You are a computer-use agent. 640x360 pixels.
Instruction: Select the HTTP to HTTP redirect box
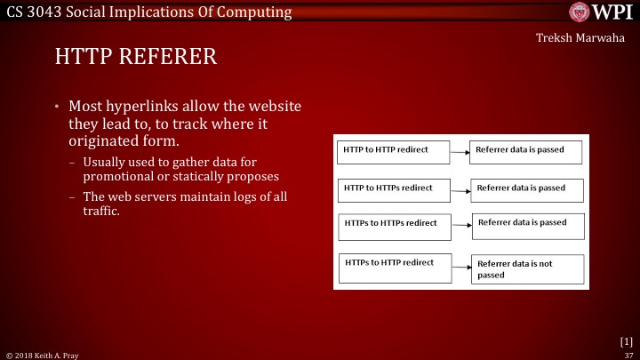point(392,151)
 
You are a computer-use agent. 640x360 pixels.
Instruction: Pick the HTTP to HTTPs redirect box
point(392,189)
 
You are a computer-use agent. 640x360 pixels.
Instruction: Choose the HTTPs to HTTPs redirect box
point(392,224)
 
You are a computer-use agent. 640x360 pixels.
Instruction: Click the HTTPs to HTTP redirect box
point(392,264)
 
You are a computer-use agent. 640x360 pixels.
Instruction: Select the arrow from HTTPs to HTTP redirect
point(457,265)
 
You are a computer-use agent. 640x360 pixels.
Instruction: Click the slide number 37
point(628,354)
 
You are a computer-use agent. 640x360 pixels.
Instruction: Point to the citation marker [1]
point(626,340)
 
